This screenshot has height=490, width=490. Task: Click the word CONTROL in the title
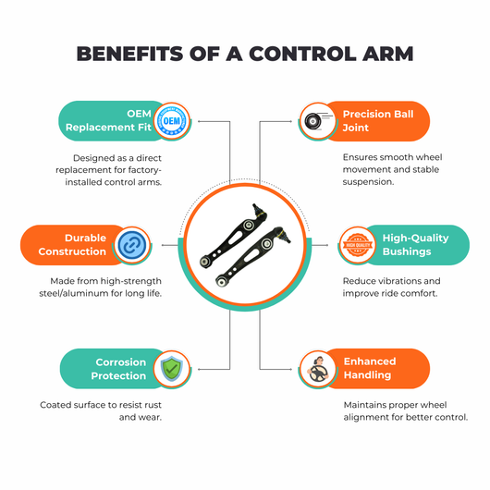click(302, 54)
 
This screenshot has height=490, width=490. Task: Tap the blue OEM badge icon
click(172, 121)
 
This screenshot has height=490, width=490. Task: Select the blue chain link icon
click(132, 245)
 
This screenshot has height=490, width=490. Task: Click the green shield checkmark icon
click(172, 369)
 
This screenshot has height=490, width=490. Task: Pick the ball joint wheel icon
click(317, 121)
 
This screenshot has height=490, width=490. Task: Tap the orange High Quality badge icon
click(358, 245)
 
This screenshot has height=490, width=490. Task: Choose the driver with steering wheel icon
click(317, 369)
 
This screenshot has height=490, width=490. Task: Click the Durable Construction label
click(72, 245)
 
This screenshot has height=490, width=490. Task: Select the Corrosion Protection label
click(118, 369)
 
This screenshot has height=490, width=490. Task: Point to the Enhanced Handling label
click(370, 368)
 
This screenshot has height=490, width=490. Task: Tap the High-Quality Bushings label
click(415, 245)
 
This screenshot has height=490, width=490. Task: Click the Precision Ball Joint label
click(378, 120)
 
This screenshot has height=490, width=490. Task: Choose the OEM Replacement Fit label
click(108, 120)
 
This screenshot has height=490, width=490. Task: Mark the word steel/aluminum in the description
click(70, 293)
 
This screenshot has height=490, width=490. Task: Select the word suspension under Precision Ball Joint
click(368, 182)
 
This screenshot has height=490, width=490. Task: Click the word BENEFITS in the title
click(129, 54)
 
